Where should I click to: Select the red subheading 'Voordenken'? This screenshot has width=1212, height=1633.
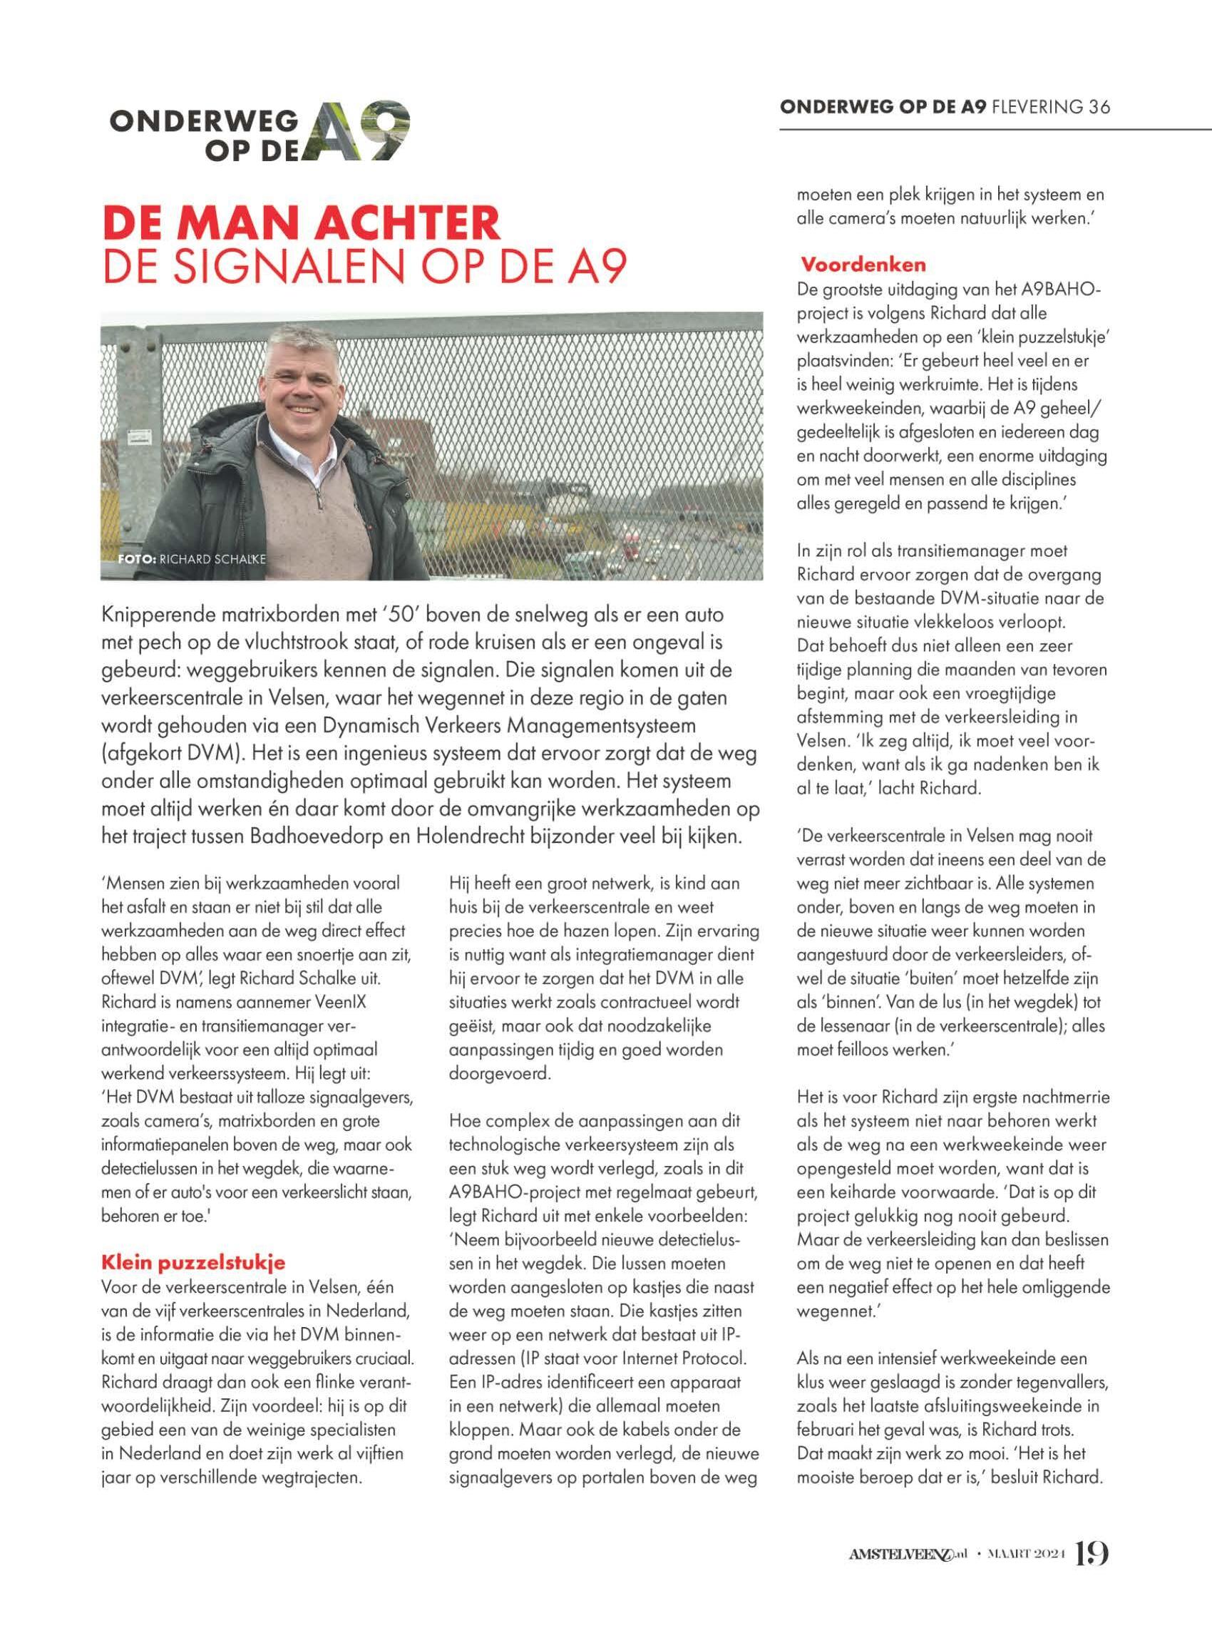[863, 263]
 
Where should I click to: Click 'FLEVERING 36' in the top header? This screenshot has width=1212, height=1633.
[1051, 106]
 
